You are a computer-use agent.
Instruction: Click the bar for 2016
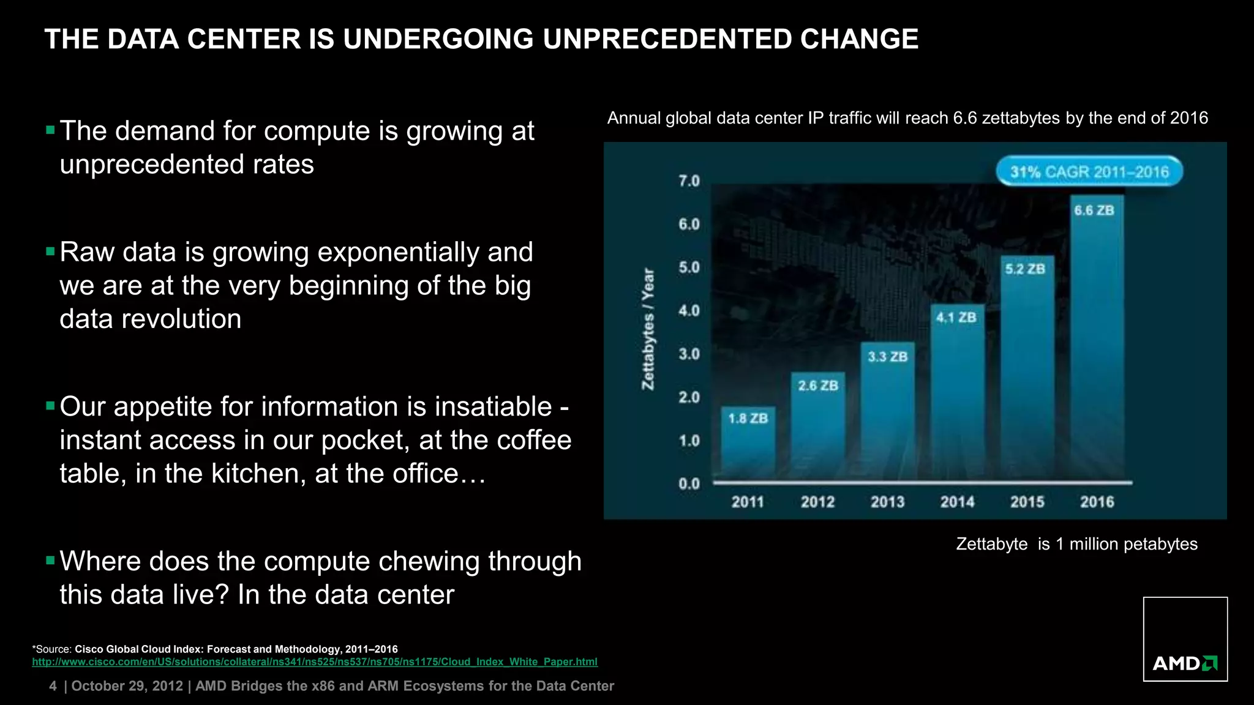click(x=1097, y=343)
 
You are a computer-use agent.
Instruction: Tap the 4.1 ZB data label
click(x=956, y=317)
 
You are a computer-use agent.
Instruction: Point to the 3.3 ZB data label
click(x=887, y=356)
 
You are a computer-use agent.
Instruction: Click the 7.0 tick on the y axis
click(x=689, y=181)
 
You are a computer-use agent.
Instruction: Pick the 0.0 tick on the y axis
click(x=689, y=483)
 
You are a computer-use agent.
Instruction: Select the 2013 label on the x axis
click(x=887, y=502)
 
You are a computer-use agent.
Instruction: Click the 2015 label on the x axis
click(x=1027, y=502)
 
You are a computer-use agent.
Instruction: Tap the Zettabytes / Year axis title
click(x=647, y=329)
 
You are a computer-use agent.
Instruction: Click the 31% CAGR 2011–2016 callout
click(x=1089, y=172)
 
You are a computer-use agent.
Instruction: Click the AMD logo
click(x=1185, y=663)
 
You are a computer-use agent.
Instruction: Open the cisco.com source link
click(x=315, y=662)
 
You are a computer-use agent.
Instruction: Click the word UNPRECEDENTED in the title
click(x=668, y=39)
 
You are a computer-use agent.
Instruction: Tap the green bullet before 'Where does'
click(x=50, y=559)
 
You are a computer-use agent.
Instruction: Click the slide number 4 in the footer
click(x=53, y=686)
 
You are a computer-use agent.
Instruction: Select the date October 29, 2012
click(x=127, y=686)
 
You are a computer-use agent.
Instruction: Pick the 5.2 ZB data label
click(x=1025, y=269)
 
